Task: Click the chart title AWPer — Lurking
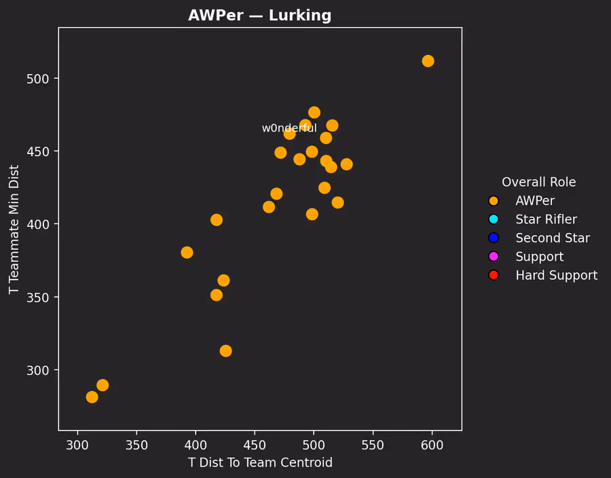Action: (260, 16)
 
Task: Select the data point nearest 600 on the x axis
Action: (428, 61)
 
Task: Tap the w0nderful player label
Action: (289, 128)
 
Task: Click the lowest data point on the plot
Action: (92, 397)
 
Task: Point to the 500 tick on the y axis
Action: (45, 78)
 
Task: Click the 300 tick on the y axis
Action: (45, 370)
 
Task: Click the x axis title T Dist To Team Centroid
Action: (260, 463)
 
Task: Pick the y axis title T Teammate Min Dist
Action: (14, 229)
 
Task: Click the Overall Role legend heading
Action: (538, 182)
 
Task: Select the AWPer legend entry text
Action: (535, 201)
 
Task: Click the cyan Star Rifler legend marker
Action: (494, 219)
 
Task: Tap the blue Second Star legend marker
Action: (494, 238)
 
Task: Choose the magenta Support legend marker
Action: (494, 257)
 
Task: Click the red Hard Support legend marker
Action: (494, 275)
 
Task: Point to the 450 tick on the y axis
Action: (45, 151)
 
